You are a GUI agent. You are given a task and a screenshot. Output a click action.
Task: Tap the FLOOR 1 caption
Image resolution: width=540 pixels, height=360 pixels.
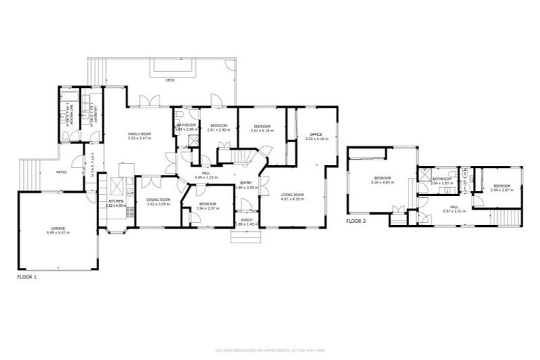26,278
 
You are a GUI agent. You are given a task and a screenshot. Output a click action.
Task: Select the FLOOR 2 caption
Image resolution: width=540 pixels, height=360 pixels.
356,221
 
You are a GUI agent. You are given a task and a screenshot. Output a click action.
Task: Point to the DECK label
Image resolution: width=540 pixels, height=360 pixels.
169,81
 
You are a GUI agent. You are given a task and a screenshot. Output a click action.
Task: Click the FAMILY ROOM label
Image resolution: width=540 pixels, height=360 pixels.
139,134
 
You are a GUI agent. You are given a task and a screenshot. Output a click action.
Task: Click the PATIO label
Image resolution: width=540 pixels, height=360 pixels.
61,171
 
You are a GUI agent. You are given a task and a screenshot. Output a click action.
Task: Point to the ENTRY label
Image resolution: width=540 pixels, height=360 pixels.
246,183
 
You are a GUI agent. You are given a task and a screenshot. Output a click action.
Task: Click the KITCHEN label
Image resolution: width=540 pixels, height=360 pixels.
116,200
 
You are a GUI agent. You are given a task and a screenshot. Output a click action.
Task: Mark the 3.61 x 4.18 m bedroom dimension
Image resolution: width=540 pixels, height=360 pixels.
262,131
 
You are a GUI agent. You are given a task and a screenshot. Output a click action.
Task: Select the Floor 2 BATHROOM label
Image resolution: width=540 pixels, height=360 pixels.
441,179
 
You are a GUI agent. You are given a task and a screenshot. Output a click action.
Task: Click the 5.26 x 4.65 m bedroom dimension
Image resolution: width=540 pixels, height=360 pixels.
382,182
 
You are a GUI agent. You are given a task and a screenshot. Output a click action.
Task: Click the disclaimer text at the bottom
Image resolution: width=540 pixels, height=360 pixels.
270,349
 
